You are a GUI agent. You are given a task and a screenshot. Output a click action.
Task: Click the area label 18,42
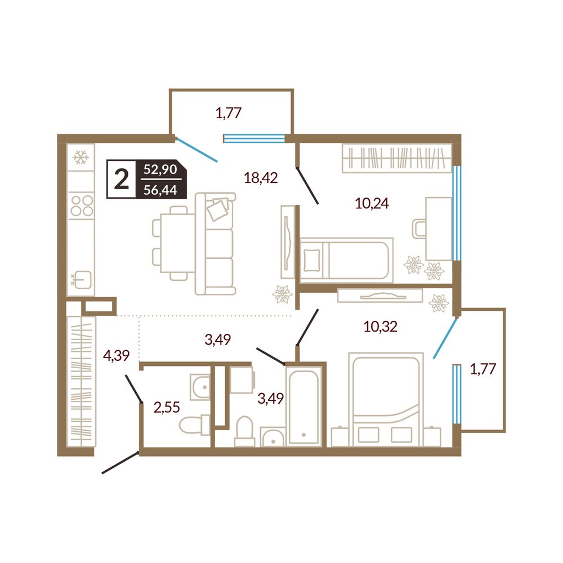click(261, 178)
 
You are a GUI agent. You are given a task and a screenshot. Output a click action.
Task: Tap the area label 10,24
click(372, 203)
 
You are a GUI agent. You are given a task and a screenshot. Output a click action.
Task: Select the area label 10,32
click(380, 327)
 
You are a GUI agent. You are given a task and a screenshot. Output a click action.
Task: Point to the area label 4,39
click(116, 355)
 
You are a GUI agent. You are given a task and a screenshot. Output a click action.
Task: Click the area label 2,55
click(167, 408)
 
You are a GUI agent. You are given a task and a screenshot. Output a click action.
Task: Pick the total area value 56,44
click(160, 190)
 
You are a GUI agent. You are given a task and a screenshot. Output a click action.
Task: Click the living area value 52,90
click(160, 169)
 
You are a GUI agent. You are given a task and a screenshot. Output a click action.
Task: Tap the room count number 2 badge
click(122, 180)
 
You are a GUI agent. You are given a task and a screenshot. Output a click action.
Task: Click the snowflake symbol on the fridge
click(81, 157)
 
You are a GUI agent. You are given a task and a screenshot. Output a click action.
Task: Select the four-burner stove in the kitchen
click(82, 205)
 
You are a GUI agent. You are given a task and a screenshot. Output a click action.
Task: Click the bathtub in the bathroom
click(304, 405)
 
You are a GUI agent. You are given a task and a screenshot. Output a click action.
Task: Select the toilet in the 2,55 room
click(194, 425)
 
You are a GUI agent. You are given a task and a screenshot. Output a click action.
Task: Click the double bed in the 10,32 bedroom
click(386, 399)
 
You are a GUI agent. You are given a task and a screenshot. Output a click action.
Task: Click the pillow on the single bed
click(311, 261)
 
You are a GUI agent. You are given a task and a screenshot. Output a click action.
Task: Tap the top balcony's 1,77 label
click(229, 113)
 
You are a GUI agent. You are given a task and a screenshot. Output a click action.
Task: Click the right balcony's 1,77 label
click(483, 369)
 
